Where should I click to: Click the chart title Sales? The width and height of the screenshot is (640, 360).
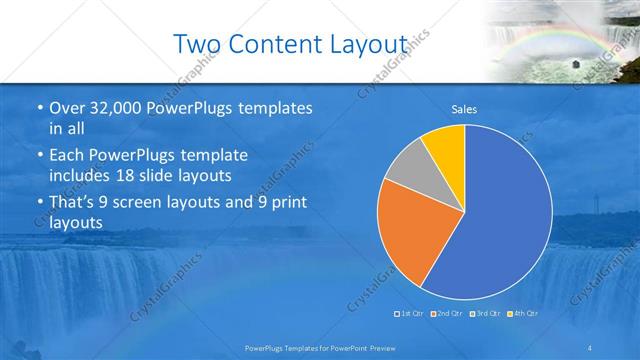464,109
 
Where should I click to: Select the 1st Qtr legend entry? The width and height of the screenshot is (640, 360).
411,313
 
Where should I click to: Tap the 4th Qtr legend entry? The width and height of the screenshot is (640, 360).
523,313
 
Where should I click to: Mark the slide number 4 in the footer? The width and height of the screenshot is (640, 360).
591,347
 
